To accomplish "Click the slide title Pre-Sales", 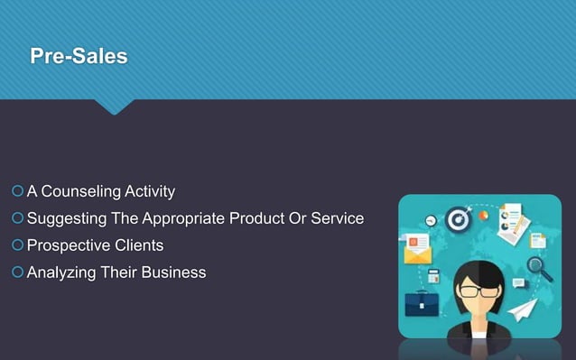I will click(79, 57).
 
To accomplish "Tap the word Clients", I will click(139, 245).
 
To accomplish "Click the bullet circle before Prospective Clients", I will click(18, 245).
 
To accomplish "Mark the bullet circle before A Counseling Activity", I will click(18, 191).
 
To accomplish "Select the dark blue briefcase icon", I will click(421, 302).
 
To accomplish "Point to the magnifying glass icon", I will click(540, 268).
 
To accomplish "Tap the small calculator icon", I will click(433, 276).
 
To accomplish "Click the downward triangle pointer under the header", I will click(114, 106).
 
